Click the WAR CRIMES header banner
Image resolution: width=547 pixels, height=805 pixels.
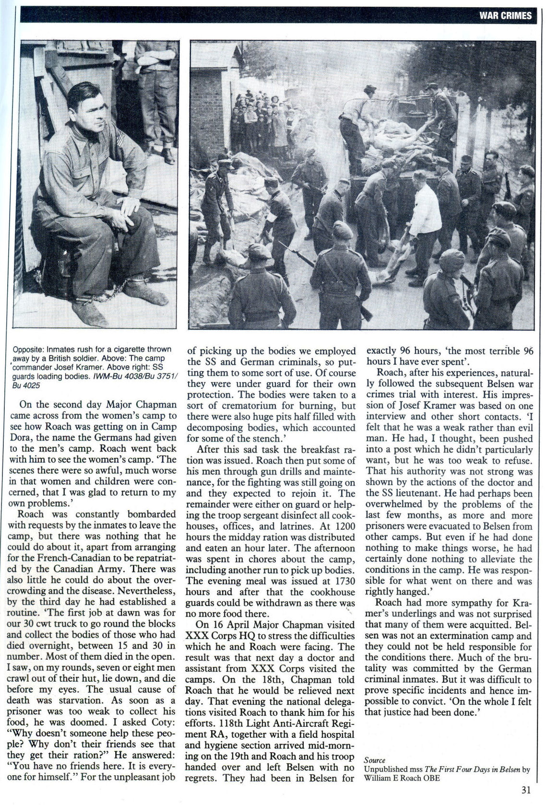click(x=505, y=15)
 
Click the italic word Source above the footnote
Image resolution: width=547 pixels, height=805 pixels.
click(x=374, y=759)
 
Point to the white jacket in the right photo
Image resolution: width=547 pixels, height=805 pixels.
click(x=424, y=211)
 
